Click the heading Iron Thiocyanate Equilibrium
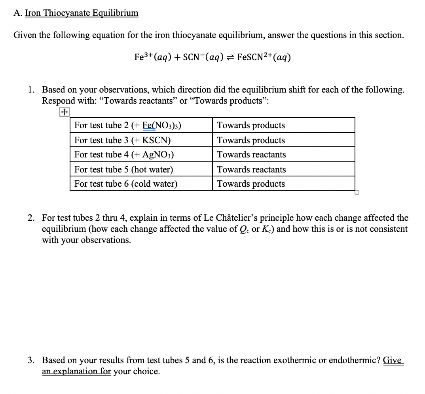pyautogui.click(x=82, y=13)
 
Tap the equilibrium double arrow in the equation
pyautogui.click(x=230, y=57)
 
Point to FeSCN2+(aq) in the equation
pyautogui.click(x=264, y=57)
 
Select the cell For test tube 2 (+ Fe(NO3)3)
pyautogui.click(x=128, y=125)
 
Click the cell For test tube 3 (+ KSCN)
pyautogui.click(x=123, y=140)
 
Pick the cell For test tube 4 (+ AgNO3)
pyautogui.click(x=124, y=155)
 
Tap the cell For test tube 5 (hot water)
pyautogui.click(x=123, y=170)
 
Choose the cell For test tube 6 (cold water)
pyautogui.click(x=126, y=184)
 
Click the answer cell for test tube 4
pyautogui.click(x=251, y=155)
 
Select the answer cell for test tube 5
pyautogui.click(x=251, y=170)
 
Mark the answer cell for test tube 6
pyautogui.click(x=251, y=184)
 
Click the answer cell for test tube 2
pyautogui.click(x=251, y=125)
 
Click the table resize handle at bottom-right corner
pyautogui.click(x=357, y=193)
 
